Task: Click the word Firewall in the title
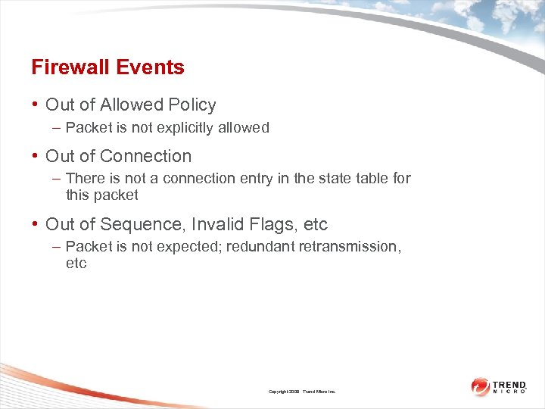[x=68, y=67]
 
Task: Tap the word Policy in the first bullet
[x=192, y=105]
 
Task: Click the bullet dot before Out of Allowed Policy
[x=36, y=105]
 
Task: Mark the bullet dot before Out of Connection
[x=36, y=156]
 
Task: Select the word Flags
[x=275, y=225]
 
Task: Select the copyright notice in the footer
[x=301, y=392]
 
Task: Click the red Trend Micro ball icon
[x=480, y=387]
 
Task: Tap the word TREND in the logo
[x=509, y=385]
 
